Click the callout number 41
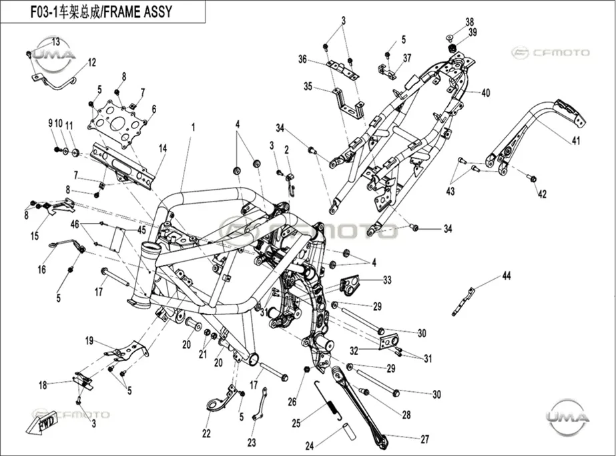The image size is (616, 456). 575,140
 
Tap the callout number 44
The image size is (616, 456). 507,276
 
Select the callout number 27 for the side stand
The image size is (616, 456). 424,439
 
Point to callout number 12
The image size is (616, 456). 91,63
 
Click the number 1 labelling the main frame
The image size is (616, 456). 193,128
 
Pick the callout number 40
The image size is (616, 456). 486,93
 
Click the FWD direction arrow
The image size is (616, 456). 42,423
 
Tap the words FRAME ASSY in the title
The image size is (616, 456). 139,12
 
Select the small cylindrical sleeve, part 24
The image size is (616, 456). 350,429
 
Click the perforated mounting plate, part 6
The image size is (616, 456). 117,124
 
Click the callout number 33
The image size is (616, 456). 387,280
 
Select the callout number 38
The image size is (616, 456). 469,23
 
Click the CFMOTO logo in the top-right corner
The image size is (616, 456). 550,53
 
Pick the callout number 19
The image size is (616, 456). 89,340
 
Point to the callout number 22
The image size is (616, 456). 206,433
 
